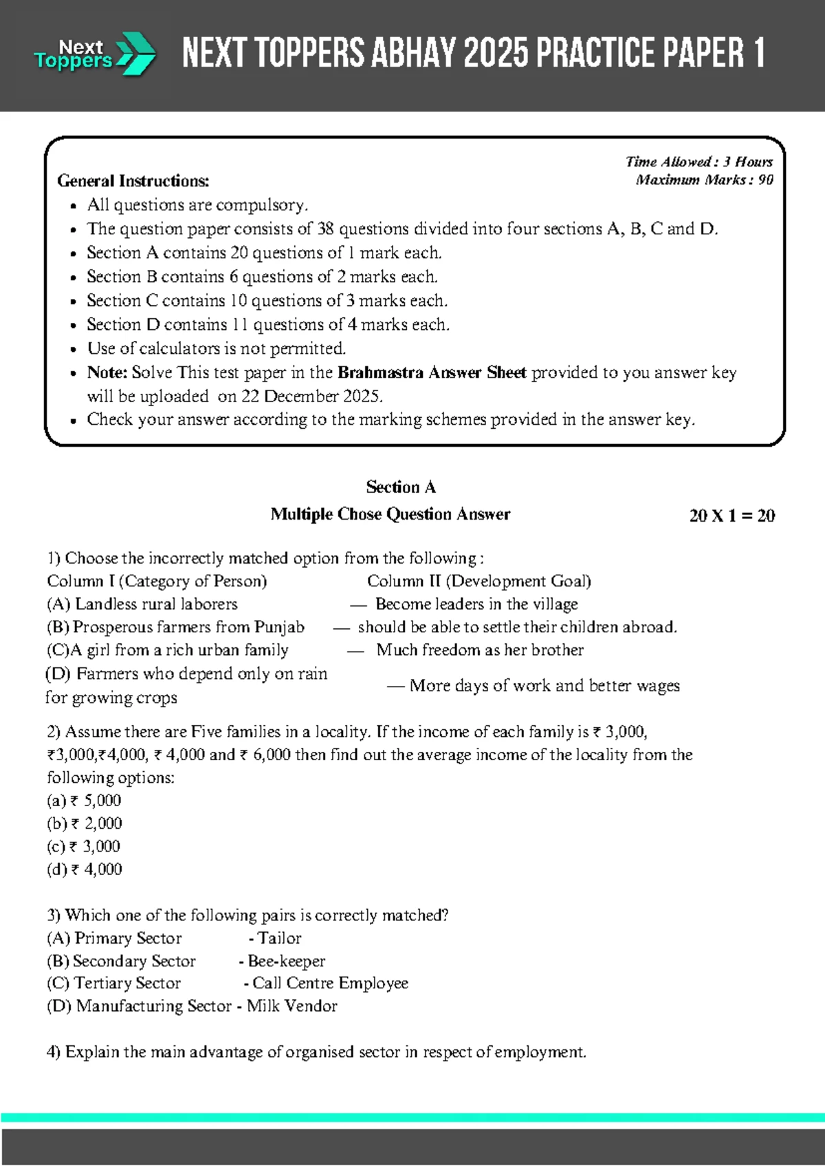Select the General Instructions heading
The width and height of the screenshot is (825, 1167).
[x=133, y=181]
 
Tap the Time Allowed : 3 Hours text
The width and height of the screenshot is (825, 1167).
[x=698, y=162]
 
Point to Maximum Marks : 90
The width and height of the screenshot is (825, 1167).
[x=704, y=180]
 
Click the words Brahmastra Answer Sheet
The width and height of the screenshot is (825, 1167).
[x=432, y=373]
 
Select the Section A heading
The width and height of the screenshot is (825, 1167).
[x=401, y=487]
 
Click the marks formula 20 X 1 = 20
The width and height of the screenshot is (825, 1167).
[x=731, y=515]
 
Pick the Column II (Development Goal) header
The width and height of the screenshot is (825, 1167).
[x=479, y=581]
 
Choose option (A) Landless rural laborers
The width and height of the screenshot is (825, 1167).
[x=142, y=604]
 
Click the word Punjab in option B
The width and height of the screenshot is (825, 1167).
[x=279, y=627]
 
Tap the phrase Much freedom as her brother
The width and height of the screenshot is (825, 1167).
[x=480, y=650]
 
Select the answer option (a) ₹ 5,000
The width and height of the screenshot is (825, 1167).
[x=84, y=801]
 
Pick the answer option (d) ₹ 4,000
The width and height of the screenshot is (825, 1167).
[x=84, y=869]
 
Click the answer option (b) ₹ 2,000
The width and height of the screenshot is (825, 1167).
[x=84, y=823]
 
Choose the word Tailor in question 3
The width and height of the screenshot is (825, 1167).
[x=279, y=938]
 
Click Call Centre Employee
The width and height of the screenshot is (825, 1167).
[x=330, y=983]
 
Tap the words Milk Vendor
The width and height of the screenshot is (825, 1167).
[x=292, y=1006]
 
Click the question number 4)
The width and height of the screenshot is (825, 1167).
[x=54, y=1052]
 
